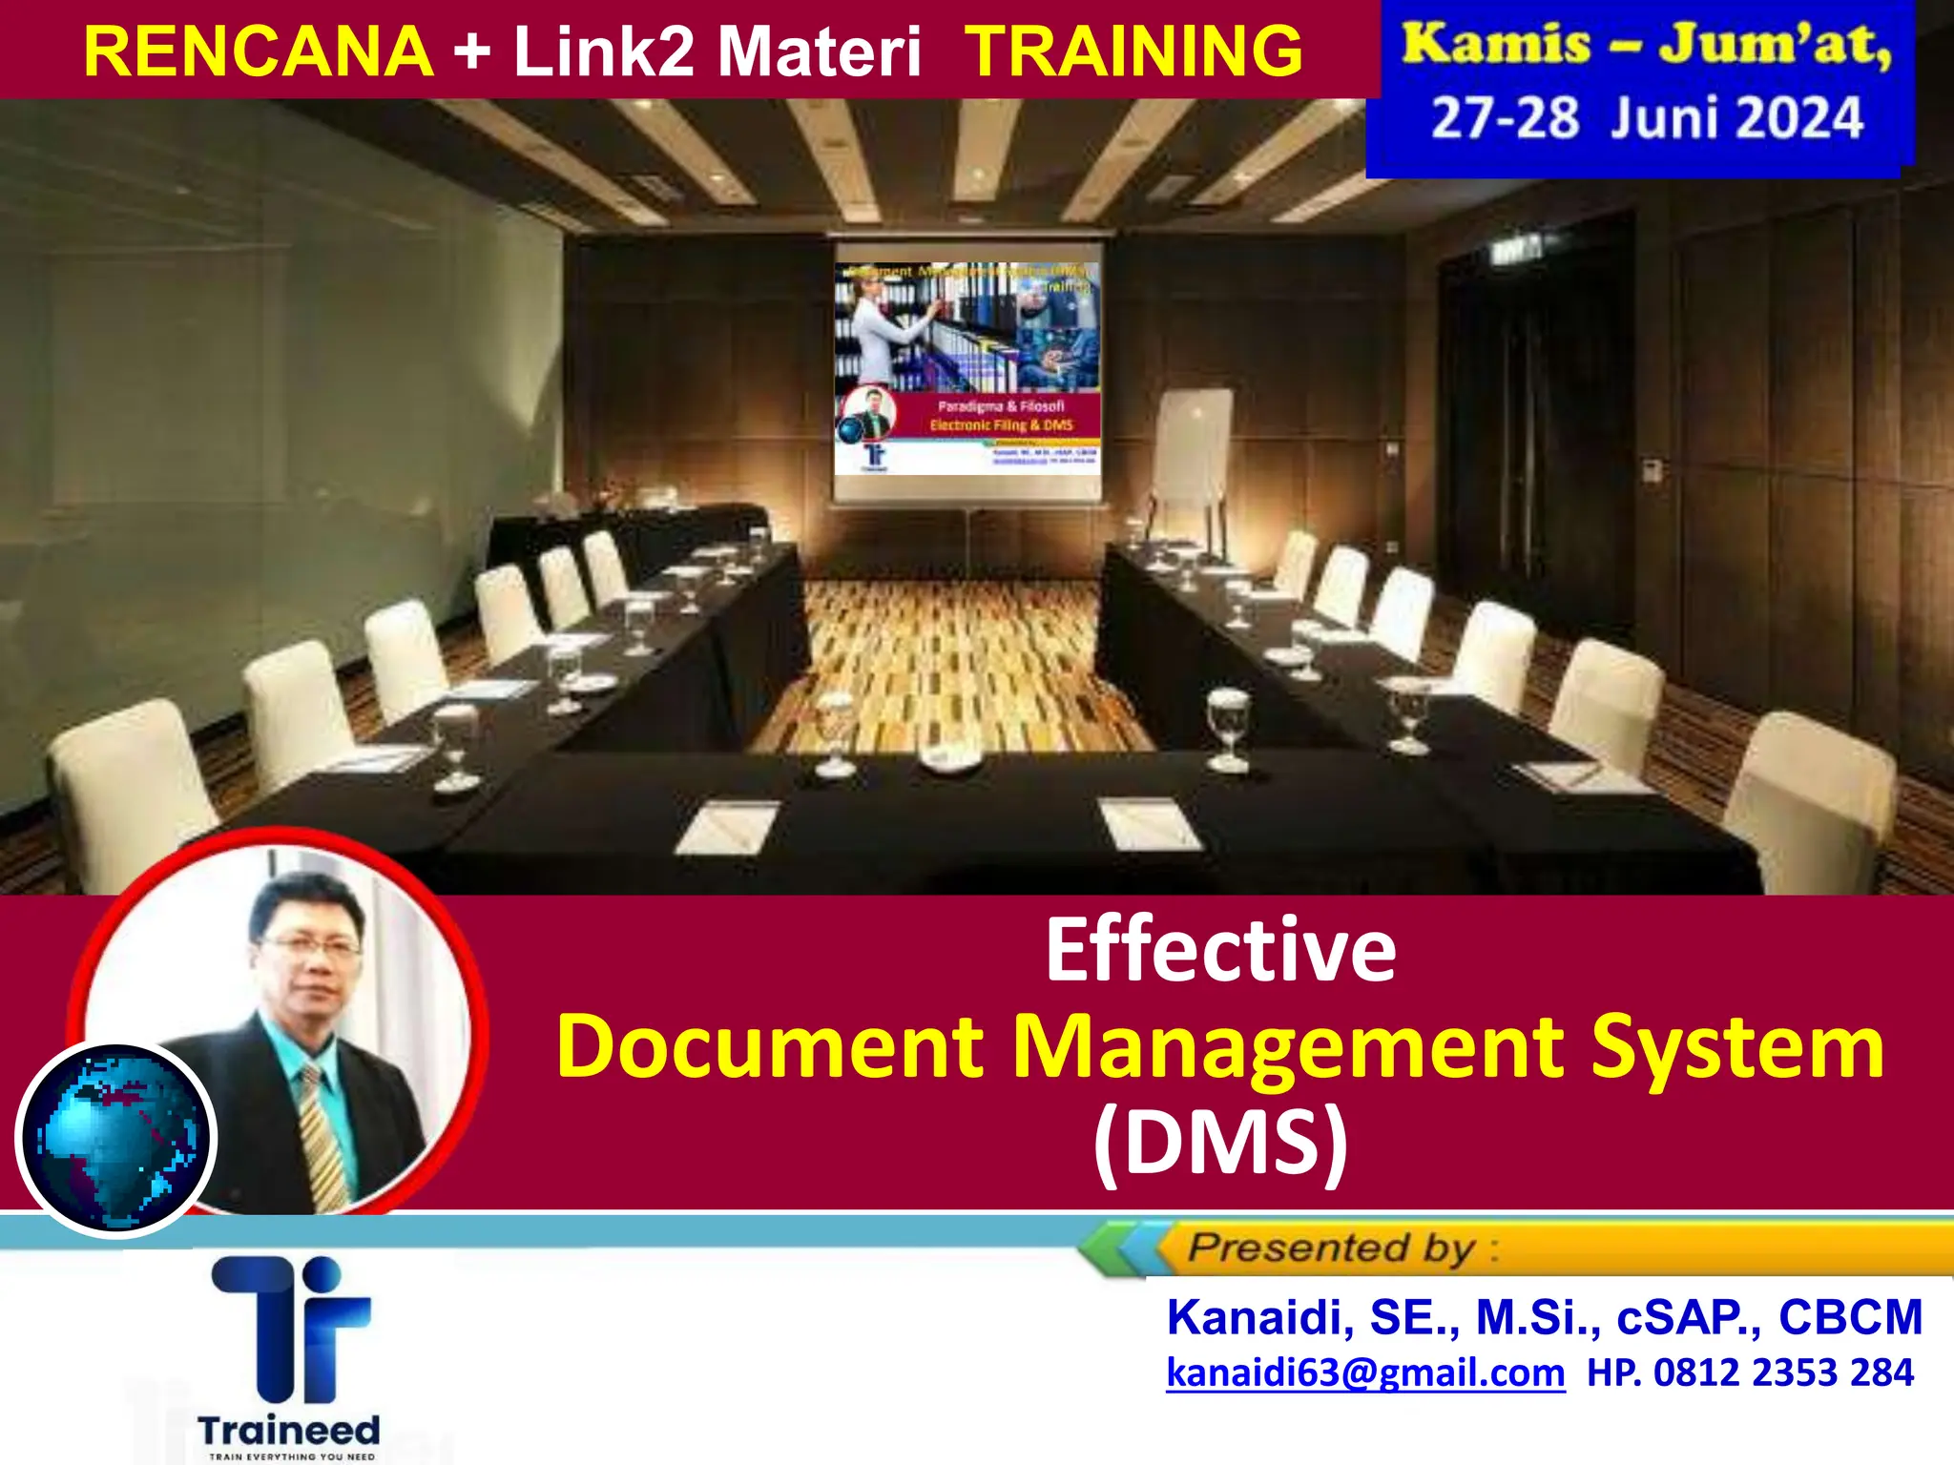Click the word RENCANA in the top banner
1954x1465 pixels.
point(258,52)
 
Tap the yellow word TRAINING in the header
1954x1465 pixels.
point(1133,52)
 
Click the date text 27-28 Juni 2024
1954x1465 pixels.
point(1646,119)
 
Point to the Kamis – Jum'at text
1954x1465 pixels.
point(1646,45)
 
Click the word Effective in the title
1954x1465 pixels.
point(1220,950)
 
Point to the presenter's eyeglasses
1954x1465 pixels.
point(310,947)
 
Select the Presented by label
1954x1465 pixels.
point(1331,1248)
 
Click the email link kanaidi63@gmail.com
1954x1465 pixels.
point(1365,1372)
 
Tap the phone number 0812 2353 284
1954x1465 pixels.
point(1783,1372)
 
